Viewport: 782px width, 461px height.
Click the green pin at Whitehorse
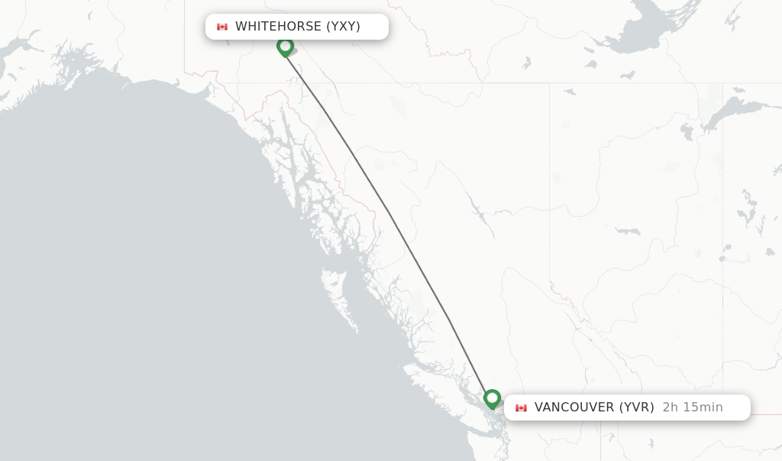[x=285, y=47]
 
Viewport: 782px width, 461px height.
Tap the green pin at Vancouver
[x=492, y=398]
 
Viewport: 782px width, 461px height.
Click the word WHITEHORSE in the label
[x=278, y=27]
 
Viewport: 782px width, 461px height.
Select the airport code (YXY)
[x=343, y=27]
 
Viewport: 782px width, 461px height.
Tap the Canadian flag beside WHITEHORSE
[x=222, y=27]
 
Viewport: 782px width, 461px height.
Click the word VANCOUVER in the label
[x=574, y=408]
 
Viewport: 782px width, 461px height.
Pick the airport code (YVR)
[x=636, y=408]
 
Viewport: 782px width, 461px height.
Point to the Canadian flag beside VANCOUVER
[x=522, y=408]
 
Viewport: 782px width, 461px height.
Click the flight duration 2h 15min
[x=692, y=408]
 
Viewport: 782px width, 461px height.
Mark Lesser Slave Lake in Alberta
[x=627, y=230]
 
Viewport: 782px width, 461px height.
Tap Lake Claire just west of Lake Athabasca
[x=687, y=132]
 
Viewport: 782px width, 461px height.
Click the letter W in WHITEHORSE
[x=241, y=27]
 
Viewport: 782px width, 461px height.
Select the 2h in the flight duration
[x=670, y=408]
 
